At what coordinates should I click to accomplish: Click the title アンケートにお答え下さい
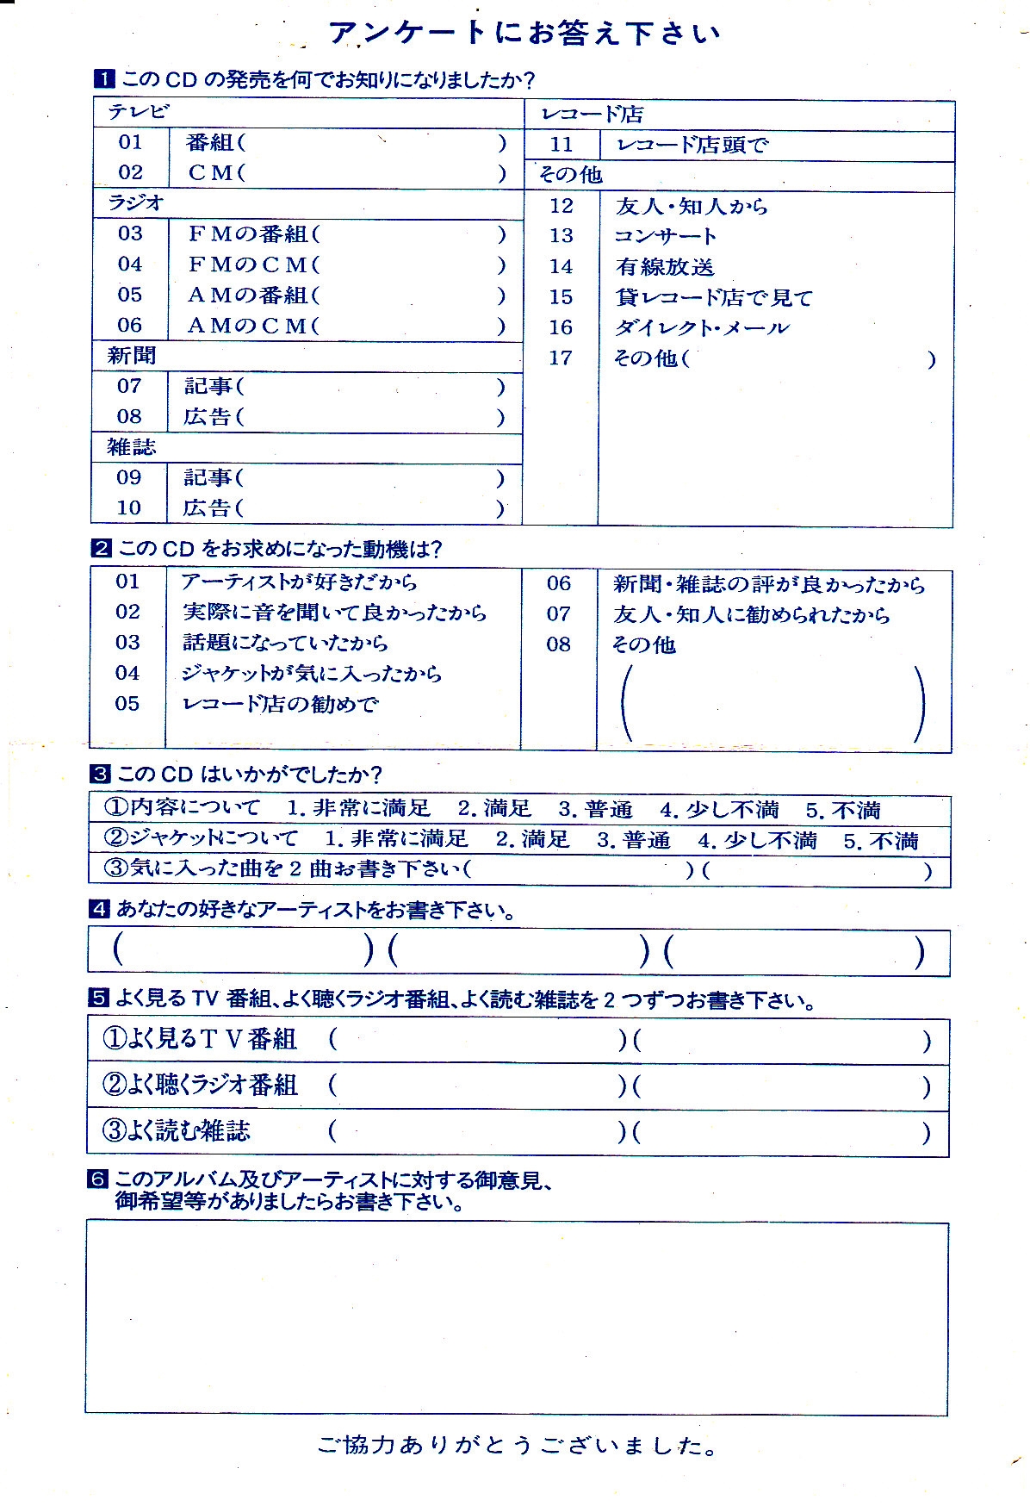tap(524, 33)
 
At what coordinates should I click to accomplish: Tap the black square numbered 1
tap(103, 80)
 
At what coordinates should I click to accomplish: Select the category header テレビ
tap(138, 112)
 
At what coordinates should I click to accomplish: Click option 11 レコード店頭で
tap(692, 145)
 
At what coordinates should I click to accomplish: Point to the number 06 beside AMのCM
tap(129, 326)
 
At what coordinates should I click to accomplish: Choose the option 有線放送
tap(665, 267)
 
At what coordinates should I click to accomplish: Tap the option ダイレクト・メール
tap(702, 328)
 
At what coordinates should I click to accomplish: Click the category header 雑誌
tap(131, 447)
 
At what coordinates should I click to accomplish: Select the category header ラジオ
tap(135, 203)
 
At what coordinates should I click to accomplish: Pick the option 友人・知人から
tap(692, 207)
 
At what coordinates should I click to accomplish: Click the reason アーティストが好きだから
tap(299, 582)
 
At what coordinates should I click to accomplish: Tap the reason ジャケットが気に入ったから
tap(311, 674)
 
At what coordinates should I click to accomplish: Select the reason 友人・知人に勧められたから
tap(751, 615)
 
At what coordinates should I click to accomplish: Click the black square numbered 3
tap(100, 775)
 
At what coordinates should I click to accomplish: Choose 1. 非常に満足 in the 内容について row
tap(358, 808)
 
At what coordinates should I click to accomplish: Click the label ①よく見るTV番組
tap(200, 1039)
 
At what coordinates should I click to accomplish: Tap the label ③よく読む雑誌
tap(177, 1130)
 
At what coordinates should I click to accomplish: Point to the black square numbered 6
tap(97, 1179)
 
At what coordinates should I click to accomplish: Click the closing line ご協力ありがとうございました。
tap(517, 1446)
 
